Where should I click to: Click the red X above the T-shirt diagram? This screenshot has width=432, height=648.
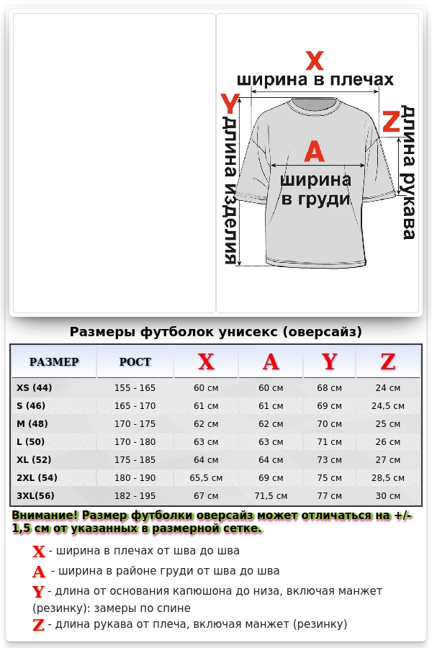315,60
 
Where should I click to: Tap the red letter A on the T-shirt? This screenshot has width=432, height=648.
315,151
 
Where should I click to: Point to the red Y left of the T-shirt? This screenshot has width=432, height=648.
229,104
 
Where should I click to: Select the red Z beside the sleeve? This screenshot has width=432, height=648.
390,122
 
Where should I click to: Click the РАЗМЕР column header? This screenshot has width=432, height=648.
54,361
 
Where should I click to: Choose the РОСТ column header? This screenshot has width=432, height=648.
135,361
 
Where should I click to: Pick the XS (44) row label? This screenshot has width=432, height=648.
35,388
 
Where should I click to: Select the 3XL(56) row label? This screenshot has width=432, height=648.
35,495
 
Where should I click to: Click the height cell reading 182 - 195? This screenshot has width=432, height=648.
135,495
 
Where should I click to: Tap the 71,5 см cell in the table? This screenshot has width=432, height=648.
271,495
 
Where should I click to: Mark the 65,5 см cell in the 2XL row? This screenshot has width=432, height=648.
206,477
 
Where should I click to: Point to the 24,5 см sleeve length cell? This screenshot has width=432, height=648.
387,406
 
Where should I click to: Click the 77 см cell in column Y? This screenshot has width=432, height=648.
329,495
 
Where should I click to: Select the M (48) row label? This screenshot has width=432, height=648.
32,424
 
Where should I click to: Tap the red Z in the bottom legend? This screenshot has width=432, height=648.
39,625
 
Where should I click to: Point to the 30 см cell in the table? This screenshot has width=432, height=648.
387,495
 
